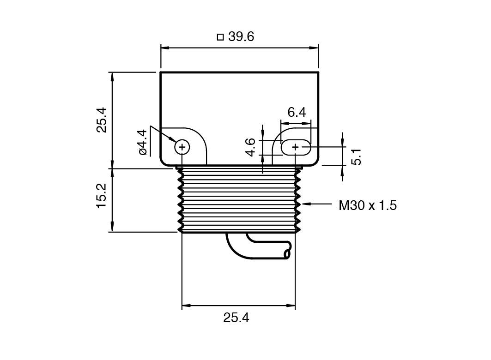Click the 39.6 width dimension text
(241, 36)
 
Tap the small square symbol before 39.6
(220, 37)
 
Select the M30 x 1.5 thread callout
(367, 205)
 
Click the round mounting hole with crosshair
(182, 147)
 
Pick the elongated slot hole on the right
(296, 147)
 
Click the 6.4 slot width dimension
(296, 112)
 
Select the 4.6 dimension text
(250, 147)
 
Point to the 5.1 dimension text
(356, 157)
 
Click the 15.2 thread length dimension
(101, 195)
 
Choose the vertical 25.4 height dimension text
(101, 120)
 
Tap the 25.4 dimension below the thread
(236, 318)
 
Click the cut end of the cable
(288, 254)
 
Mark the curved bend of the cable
(236, 249)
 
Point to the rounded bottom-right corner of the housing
(315, 162)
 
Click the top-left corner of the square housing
(161, 73)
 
